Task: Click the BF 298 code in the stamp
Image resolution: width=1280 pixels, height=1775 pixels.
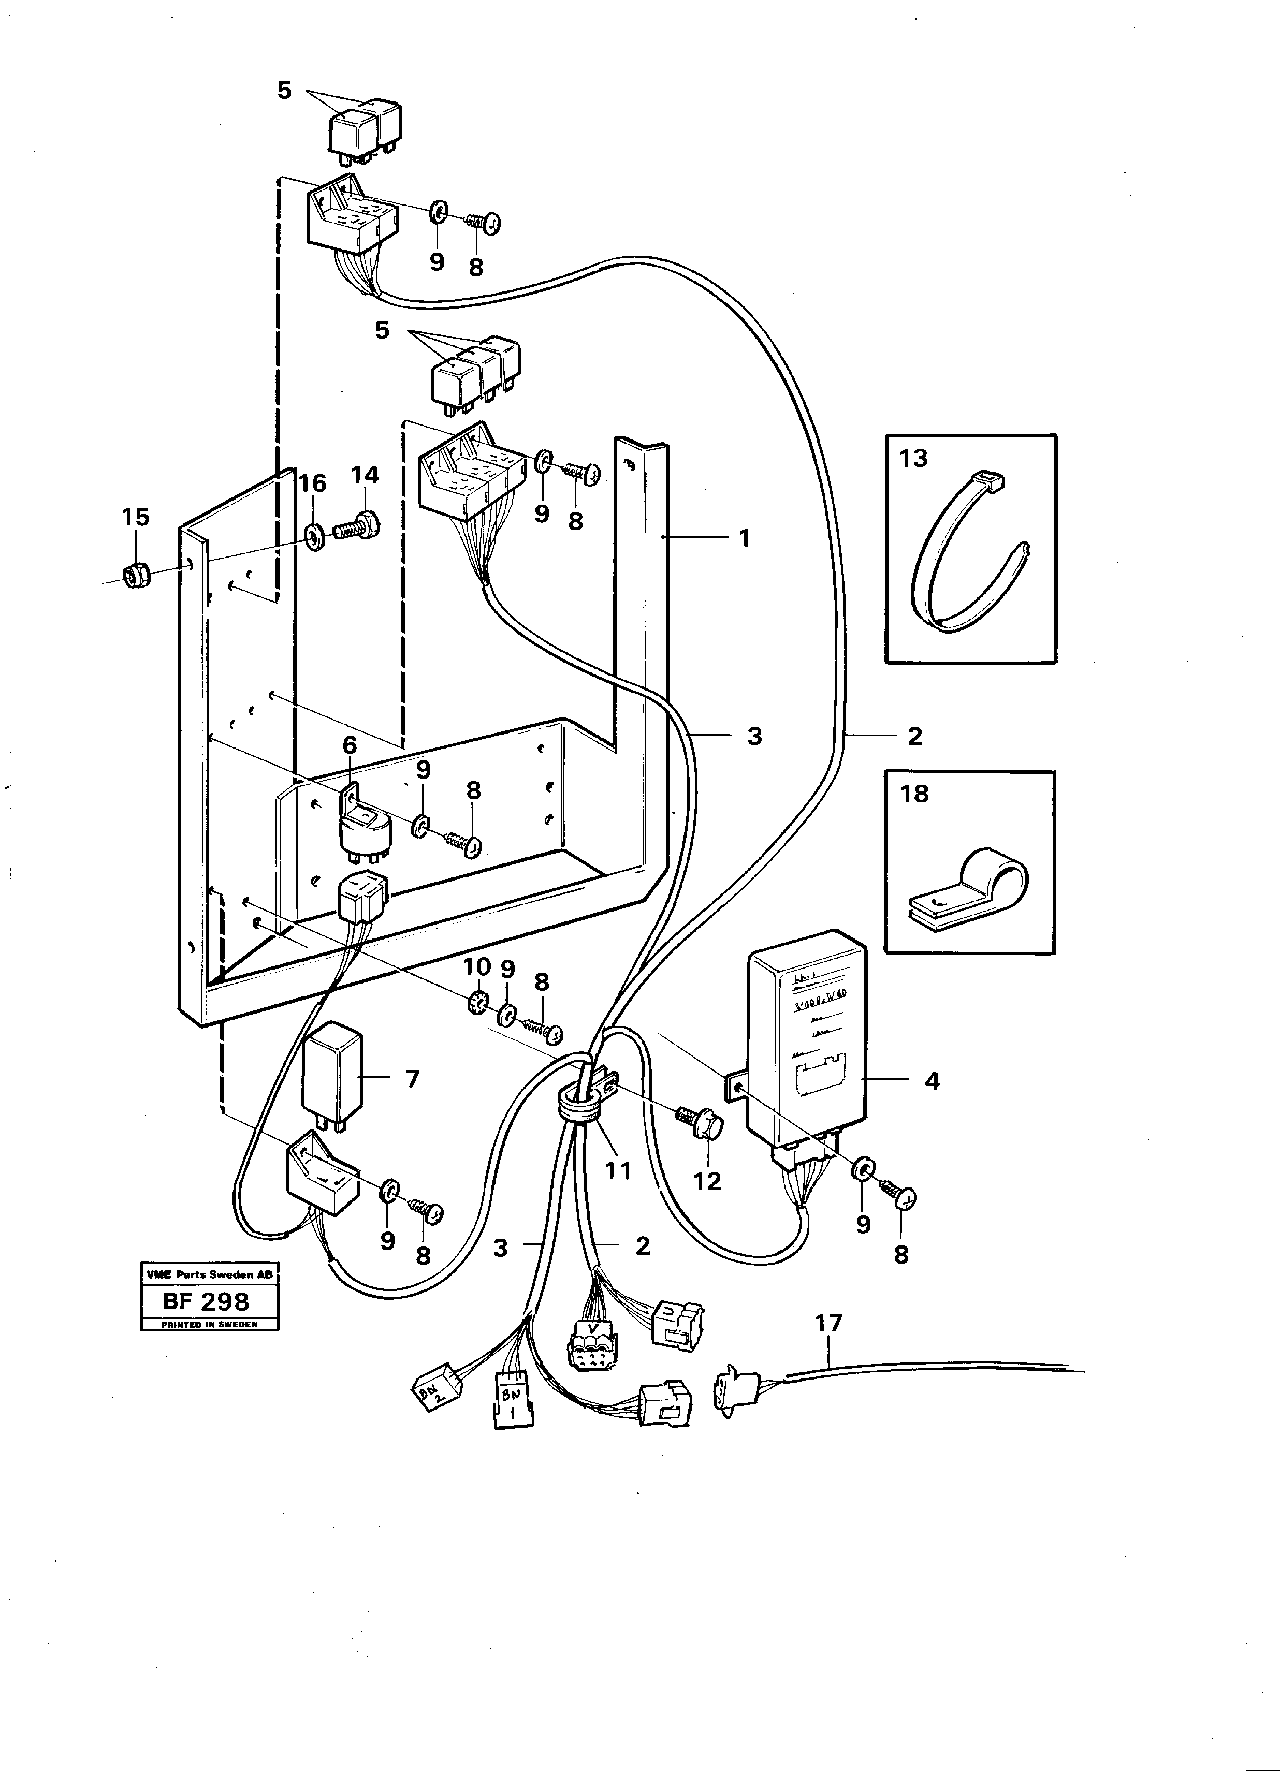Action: [206, 1301]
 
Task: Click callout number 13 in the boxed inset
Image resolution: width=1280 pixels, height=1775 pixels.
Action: [913, 459]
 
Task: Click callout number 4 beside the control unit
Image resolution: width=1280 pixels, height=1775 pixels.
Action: [932, 1081]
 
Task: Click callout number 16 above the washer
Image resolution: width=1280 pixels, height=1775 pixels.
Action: [312, 483]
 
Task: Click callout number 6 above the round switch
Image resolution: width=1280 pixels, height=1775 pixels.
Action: [349, 745]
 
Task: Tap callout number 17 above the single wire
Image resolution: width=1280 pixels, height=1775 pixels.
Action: [828, 1323]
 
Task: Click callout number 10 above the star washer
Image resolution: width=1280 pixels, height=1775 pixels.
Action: [477, 966]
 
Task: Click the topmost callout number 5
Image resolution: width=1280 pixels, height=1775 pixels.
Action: [284, 91]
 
